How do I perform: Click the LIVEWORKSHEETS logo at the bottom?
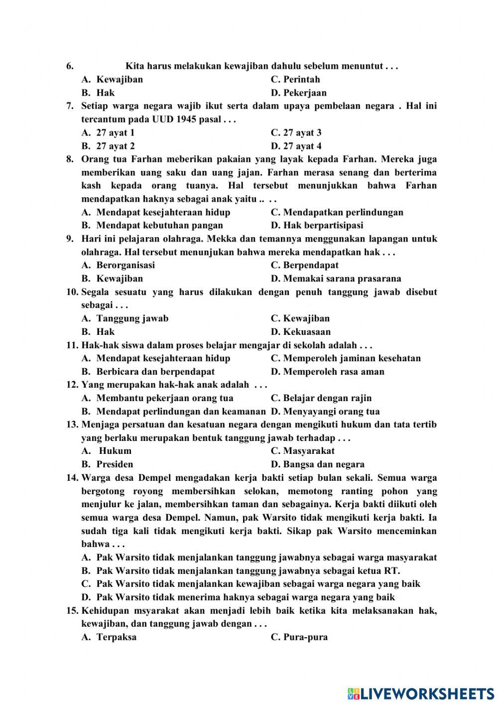point(421,693)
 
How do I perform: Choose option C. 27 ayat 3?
point(296,133)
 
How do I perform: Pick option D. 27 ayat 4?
point(296,146)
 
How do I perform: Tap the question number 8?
point(70,159)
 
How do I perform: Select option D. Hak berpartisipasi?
point(317,225)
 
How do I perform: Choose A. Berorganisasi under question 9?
point(118,265)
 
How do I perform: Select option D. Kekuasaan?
point(300,332)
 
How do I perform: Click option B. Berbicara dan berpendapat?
point(148,372)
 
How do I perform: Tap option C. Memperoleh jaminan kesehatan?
point(346,358)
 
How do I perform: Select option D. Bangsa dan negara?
point(317,464)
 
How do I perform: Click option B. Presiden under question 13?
point(107,464)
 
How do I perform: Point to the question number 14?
point(72,478)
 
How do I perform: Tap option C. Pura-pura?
point(299,637)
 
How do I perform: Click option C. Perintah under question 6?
point(295,79)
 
